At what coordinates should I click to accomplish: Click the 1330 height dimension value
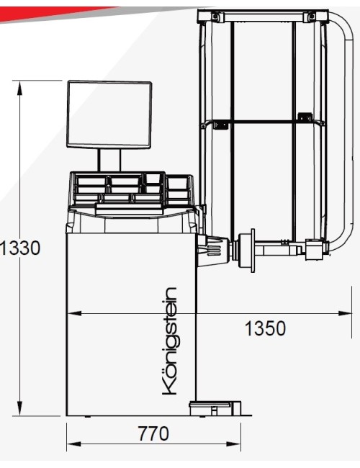(19, 248)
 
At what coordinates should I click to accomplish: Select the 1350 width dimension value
(265, 328)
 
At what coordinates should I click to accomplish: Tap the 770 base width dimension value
(153, 433)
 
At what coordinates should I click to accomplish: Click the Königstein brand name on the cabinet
(169, 341)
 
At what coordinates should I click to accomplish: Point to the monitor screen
(109, 114)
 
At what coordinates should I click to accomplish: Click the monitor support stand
(109, 161)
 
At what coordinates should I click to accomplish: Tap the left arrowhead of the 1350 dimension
(74, 313)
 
